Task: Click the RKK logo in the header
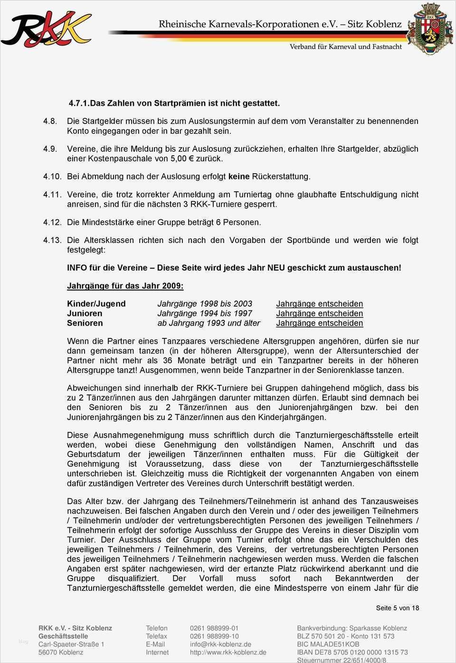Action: pos(46,29)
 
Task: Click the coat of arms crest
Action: pos(430,28)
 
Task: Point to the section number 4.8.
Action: pos(50,121)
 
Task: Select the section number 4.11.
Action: pos(52,194)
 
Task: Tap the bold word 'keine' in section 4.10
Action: pos(239,177)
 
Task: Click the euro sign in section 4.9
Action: pos(191,159)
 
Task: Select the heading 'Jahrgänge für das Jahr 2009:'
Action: pos(125,286)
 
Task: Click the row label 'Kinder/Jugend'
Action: pos(96,304)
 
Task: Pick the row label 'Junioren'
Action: pos(85,313)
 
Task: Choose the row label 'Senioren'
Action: pos(85,323)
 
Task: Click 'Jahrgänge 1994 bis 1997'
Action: pos(205,313)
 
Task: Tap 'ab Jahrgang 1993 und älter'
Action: pos(209,323)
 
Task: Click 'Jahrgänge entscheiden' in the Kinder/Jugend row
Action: pos(319,304)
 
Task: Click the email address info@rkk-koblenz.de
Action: pos(220,644)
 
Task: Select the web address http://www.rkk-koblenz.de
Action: pos(228,652)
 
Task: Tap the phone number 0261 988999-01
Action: pos(214,628)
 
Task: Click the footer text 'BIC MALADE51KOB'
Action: pos(328,644)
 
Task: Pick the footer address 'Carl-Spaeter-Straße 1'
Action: pos(71,644)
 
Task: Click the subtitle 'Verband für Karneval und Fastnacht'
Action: pos(346,47)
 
